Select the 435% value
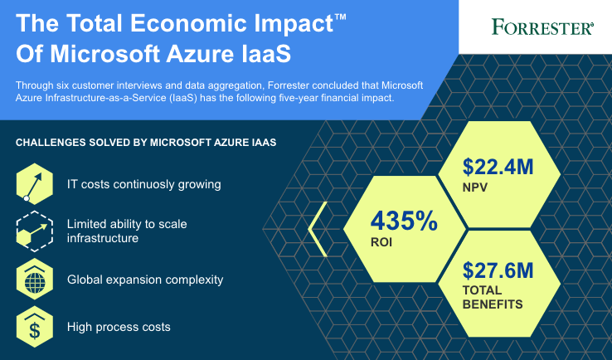[403, 221]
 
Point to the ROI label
[382, 245]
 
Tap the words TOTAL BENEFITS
[493, 297]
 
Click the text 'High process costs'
[119, 327]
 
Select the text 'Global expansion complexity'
[145, 280]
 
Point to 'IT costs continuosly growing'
[144, 184]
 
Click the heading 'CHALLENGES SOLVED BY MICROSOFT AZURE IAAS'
[146, 143]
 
